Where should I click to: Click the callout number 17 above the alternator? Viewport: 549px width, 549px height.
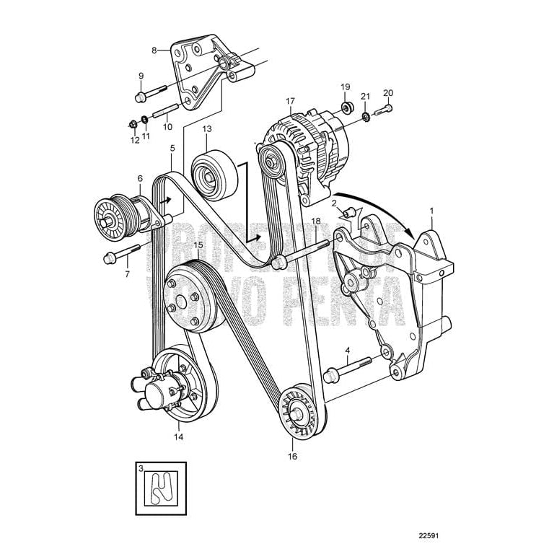coord(290,101)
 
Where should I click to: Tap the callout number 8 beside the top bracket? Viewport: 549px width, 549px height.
coord(154,50)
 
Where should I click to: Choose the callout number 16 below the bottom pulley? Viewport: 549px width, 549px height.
coord(293,456)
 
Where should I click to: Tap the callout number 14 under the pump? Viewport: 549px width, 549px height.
coord(179,436)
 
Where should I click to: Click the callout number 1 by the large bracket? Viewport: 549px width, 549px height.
coord(432,211)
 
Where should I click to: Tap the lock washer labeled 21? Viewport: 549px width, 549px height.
coord(365,115)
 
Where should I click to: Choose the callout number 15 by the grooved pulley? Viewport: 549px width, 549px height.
coord(197,245)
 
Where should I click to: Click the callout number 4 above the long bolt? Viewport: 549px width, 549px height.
coord(347,352)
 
